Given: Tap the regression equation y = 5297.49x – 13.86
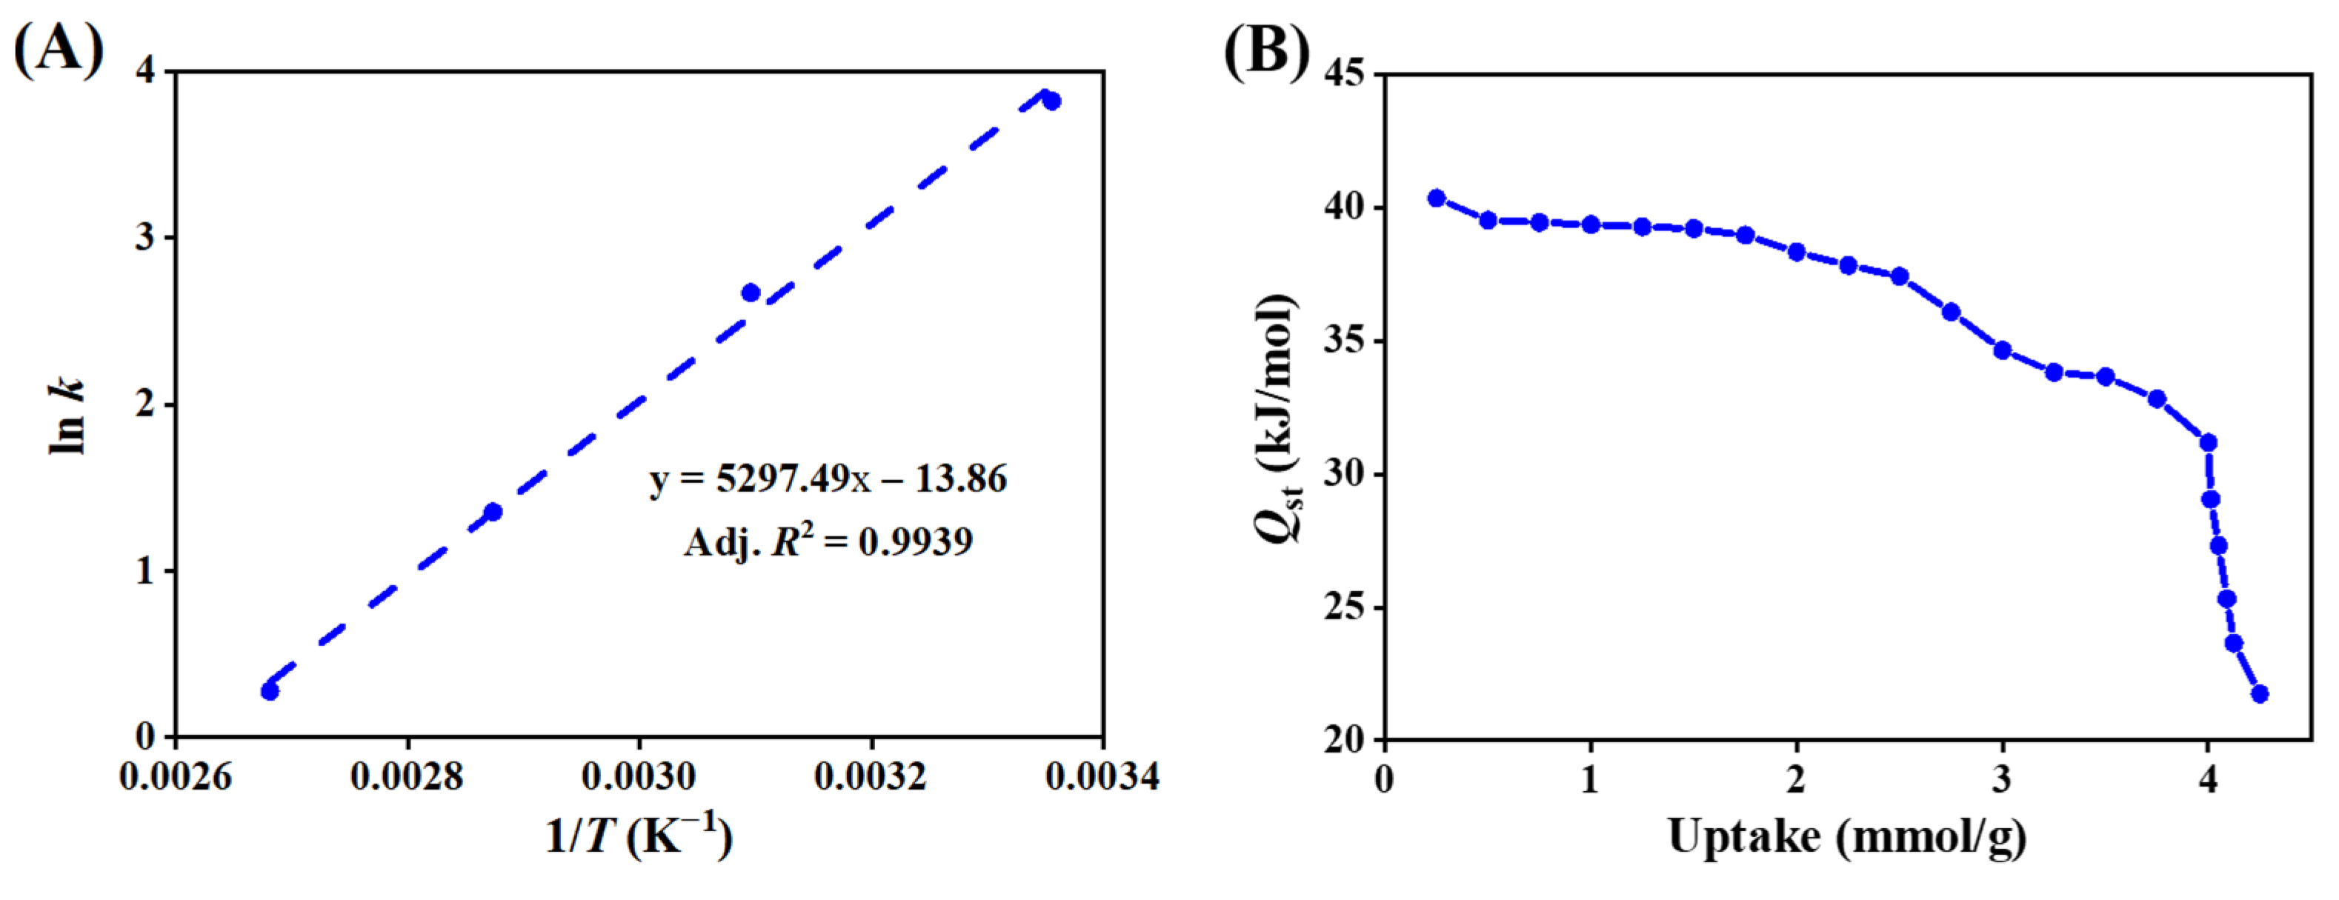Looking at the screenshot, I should [x=827, y=479].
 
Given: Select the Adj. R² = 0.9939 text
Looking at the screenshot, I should [x=827, y=541].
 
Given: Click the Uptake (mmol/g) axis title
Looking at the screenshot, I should [x=1847, y=836].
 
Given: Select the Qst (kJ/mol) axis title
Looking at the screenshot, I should [x=1280, y=418].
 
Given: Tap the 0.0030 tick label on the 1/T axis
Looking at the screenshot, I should [x=639, y=777].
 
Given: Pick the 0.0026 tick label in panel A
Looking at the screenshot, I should [x=176, y=777].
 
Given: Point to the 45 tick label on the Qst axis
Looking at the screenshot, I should [x=1344, y=73].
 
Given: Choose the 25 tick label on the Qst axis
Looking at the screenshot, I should [x=1344, y=607].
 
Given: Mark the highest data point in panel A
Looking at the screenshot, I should [x=1051, y=101].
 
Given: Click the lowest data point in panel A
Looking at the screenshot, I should [x=270, y=691].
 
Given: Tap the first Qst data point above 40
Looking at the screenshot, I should [x=1437, y=198].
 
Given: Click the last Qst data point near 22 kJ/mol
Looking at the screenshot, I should [x=2260, y=694].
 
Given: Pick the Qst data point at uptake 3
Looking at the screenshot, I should [x=2002, y=350].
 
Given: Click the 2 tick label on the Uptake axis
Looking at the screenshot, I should [x=1796, y=779].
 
